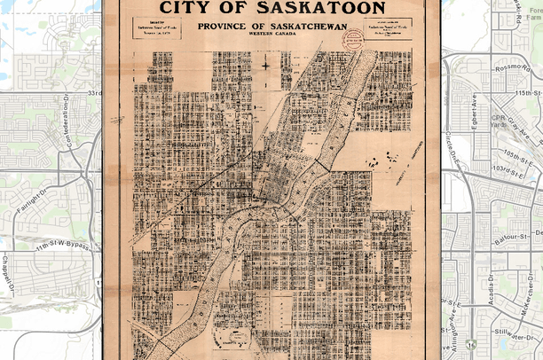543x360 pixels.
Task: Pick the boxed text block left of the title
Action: [157, 30]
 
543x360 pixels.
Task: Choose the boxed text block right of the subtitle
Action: [389, 30]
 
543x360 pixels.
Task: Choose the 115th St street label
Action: [529, 92]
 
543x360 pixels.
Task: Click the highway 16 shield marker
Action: [470, 344]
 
